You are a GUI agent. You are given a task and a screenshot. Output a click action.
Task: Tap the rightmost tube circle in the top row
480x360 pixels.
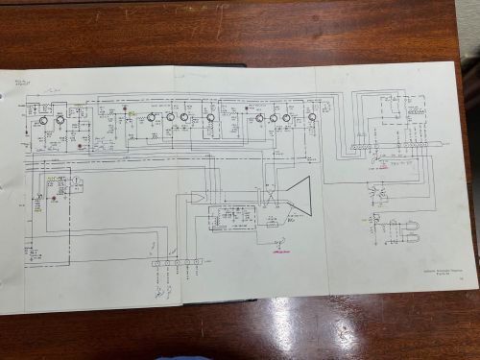312,118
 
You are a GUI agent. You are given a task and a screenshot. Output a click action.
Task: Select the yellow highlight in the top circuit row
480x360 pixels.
129,112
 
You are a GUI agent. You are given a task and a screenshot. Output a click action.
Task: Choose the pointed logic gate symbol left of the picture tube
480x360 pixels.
197,197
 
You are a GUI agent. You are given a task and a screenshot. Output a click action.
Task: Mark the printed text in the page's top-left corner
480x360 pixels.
17,82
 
